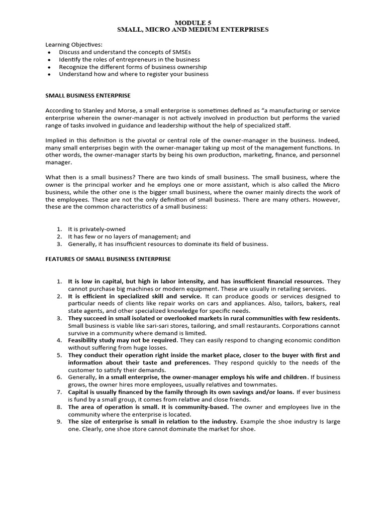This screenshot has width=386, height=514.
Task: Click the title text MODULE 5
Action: coord(193,23)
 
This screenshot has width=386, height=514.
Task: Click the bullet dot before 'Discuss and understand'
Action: coord(48,52)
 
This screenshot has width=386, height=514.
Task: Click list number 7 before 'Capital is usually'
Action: coord(59,392)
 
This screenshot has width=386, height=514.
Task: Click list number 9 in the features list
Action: coord(59,421)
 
